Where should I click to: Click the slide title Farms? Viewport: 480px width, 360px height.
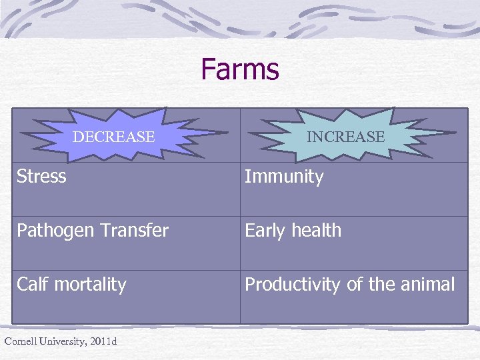(x=239, y=69)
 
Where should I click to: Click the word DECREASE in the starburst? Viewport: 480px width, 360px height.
(x=113, y=137)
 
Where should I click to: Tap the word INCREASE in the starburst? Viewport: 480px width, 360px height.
(x=345, y=137)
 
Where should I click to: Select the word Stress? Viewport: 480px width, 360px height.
(x=41, y=177)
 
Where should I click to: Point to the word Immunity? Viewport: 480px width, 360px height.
(x=284, y=177)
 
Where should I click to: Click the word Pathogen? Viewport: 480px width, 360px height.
(x=50, y=231)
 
